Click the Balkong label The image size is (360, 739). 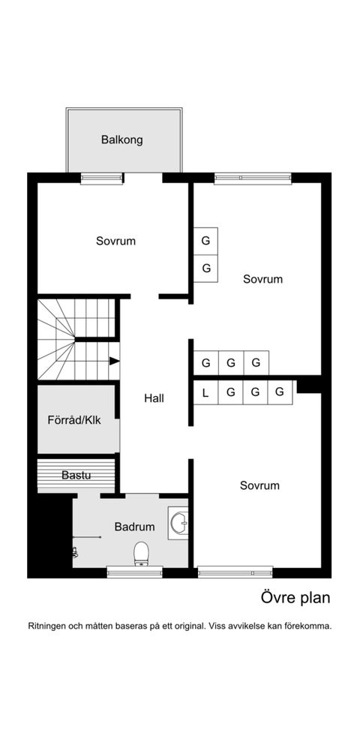click(x=122, y=140)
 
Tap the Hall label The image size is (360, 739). click(x=154, y=398)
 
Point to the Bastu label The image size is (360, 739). click(x=76, y=475)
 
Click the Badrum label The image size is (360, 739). click(x=134, y=527)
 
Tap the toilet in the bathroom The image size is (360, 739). click(x=141, y=553)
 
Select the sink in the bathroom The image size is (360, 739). click(x=178, y=523)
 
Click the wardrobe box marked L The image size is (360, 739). click(x=205, y=392)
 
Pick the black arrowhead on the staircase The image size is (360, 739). click(x=114, y=361)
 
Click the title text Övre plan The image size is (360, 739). click(x=295, y=598)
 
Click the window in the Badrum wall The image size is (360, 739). click(x=134, y=572)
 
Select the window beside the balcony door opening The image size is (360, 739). click(x=101, y=178)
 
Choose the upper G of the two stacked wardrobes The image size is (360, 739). click(x=205, y=241)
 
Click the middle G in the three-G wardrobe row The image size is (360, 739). click(x=231, y=363)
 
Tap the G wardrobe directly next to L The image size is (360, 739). click(x=231, y=392)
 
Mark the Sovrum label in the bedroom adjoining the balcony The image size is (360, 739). click(x=115, y=241)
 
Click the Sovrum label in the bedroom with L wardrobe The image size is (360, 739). click(x=259, y=485)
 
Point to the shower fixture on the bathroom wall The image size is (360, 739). click(x=76, y=551)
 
